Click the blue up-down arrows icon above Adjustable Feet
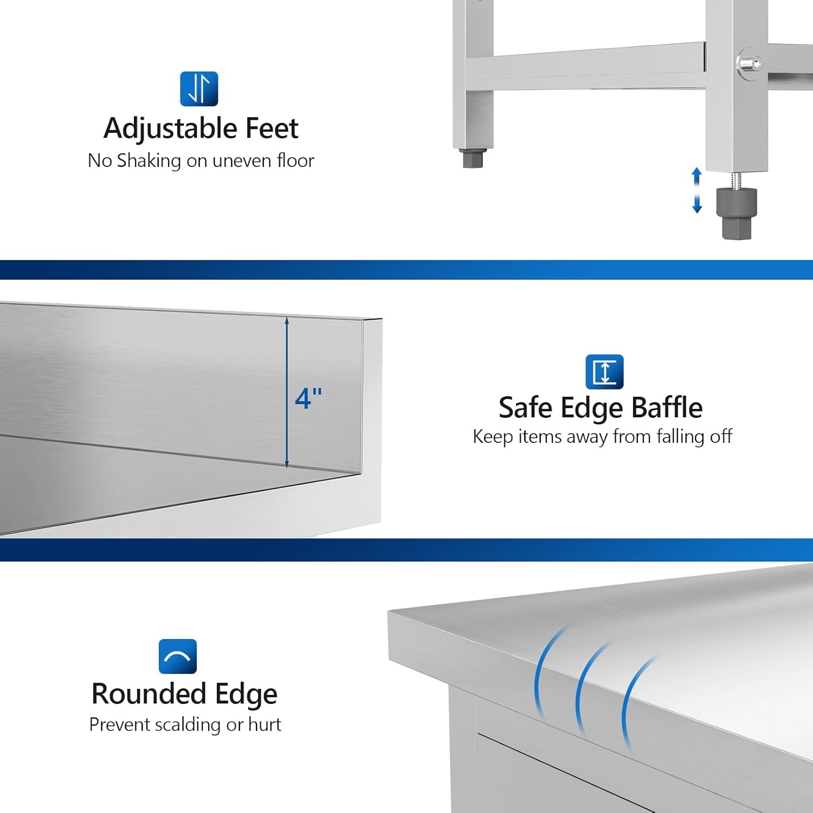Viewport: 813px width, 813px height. pyautogui.click(x=199, y=89)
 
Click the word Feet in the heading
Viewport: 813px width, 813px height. pyautogui.click(x=272, y=128)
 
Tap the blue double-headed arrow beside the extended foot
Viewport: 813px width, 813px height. pyautogui.click(x=697, y=190)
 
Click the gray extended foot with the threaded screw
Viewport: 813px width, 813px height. pyautogui.click(x=737, y=213)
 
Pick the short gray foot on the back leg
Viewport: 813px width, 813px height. pyautogui.click(x=473, y=158)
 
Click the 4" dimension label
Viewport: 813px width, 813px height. pyautogui.click(x=308, y=398)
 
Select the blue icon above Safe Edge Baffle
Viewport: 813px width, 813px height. pyautogui.click(x=604, y=372)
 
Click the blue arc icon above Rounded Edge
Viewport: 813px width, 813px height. pyautogui.click(x=178, y=656)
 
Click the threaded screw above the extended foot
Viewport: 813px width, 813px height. pyautogui.click(x=737, y=180)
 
